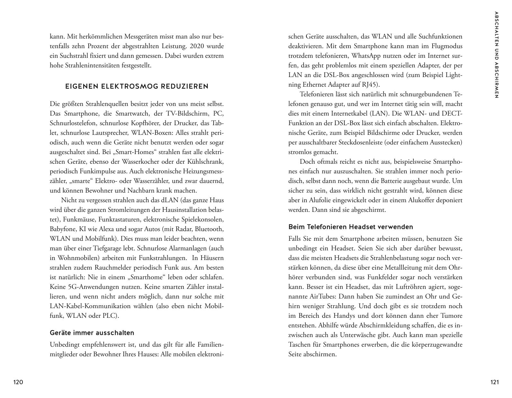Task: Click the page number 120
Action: click(x=18, y=382)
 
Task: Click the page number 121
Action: click(x=495, y=382)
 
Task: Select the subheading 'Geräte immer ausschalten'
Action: click(x=92, y=333)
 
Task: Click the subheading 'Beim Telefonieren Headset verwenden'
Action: click(x=351, y=227)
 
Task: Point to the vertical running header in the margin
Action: click(x=497, y=55)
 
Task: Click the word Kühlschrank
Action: click(x=205, y=162)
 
